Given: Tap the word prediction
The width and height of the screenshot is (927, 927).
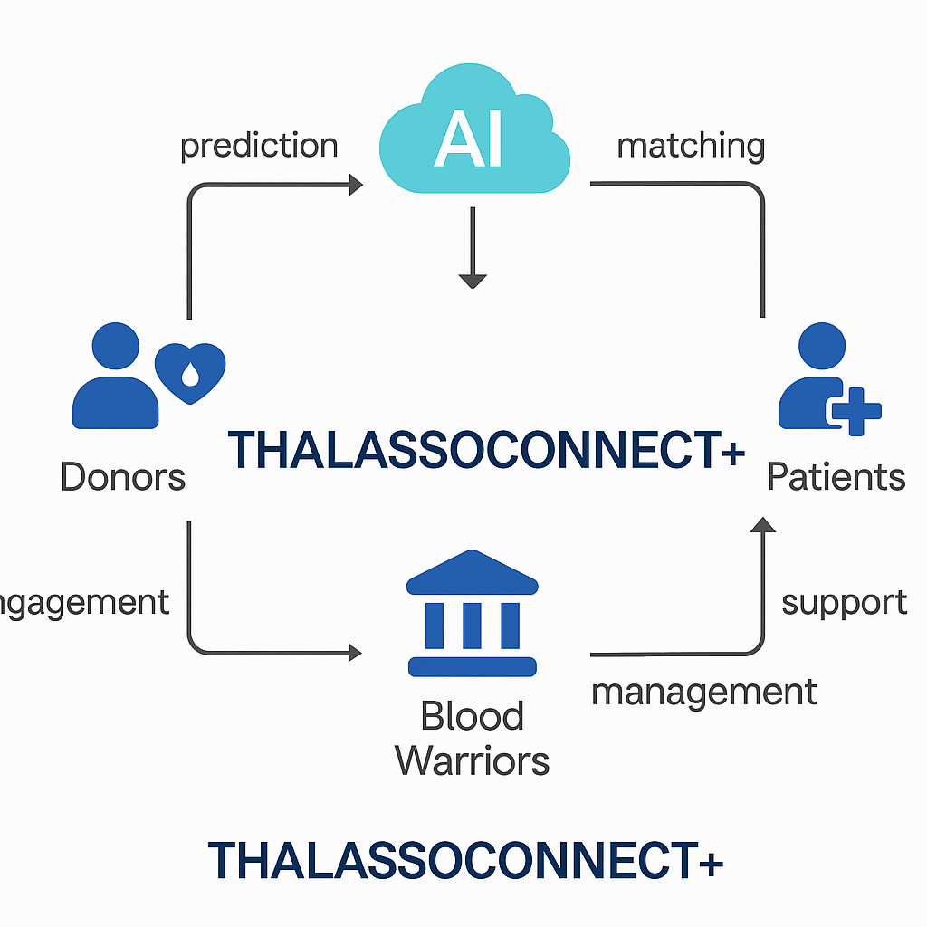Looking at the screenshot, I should [259, 146].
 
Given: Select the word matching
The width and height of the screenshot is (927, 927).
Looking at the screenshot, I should [691, 146].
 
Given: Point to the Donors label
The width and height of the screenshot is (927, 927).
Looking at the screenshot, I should [123, 476].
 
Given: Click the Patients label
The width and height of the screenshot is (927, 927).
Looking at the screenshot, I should [836, 476].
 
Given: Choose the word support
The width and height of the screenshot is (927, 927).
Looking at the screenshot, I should [844, 602].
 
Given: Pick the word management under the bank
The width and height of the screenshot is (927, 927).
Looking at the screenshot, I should [703, 693].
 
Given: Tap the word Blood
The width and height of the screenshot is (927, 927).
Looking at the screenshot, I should [472, 717].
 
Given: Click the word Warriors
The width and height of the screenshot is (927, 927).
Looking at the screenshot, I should [472, 760].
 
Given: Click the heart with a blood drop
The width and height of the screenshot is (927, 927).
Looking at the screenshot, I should [190, 371].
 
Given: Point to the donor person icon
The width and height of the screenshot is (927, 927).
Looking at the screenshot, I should [115, 380].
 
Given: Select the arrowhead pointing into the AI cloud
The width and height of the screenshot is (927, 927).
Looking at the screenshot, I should [354, 185].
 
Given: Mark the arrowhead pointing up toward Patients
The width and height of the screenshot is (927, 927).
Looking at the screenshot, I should [763, 525].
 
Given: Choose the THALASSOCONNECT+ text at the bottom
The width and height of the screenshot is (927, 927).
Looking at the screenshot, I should [465, 860].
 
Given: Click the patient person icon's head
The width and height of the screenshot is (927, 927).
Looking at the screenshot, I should [822, 346].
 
